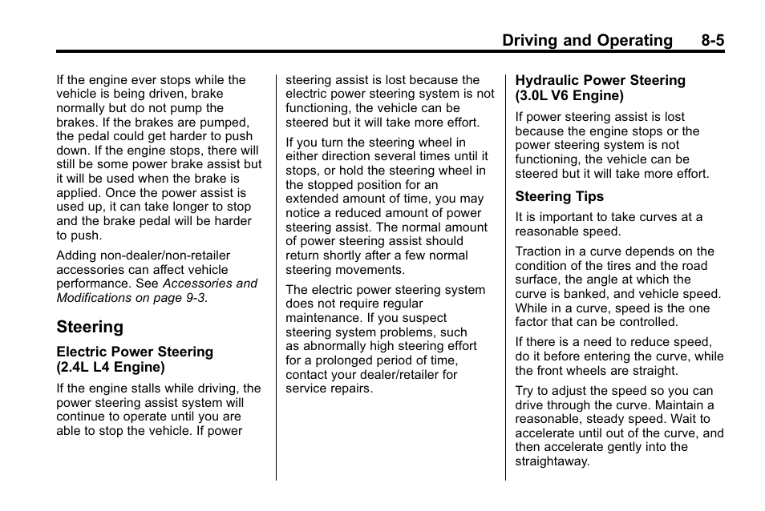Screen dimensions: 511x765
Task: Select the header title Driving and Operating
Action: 588,40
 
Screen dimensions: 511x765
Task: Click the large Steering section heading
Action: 90,327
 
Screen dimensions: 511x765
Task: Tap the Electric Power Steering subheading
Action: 135,352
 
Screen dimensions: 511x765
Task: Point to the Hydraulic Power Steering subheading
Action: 600,80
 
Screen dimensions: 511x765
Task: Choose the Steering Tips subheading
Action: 559,196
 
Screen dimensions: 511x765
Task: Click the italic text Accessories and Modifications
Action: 156,290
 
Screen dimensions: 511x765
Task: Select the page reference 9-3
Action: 195,298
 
